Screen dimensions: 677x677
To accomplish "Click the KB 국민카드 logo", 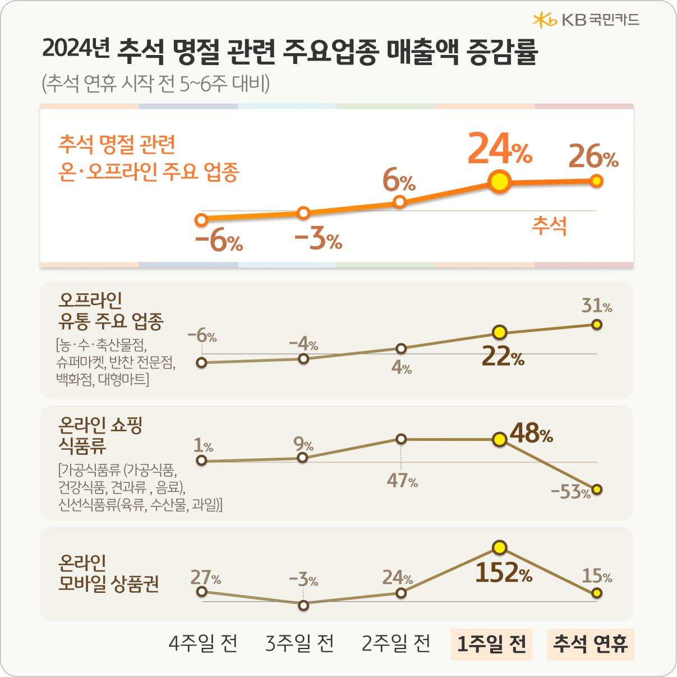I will tap(586, 20).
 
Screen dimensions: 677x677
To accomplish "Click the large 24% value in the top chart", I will tap(499, 149).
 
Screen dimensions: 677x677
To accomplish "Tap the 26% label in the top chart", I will tap(593, 157).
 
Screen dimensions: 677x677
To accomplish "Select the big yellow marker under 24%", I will tap(499, 182).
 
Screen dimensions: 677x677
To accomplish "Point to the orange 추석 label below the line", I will tap(549, 226).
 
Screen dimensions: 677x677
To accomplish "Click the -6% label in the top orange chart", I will tap(219, 242).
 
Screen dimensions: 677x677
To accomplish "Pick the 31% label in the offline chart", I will tap(596, 306).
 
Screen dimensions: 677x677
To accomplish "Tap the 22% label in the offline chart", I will tap(503, 357).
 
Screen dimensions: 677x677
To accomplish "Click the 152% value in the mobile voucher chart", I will tap(503, 573).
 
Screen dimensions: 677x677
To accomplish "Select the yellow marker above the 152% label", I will tap(499, 547).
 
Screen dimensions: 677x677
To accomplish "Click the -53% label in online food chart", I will tap(570, 492).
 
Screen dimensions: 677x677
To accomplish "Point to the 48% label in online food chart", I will tap(531, 433).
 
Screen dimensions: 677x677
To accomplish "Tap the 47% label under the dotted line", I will tap(402, 481).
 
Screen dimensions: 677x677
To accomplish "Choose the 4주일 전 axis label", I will tap(203, 643).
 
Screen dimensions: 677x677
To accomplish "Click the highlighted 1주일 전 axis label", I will tap(491, 643).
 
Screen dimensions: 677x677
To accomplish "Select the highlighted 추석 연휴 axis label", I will tap(590, 643).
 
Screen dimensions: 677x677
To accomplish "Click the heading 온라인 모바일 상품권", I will tap(108, 573).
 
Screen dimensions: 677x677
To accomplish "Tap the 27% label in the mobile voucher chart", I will tap(205, 577).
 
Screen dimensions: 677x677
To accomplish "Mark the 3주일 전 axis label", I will tap(300, 643).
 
